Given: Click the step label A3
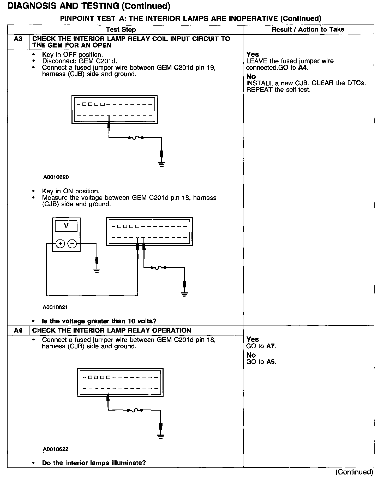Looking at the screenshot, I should point(18,39).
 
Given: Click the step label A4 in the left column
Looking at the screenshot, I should point(18,330).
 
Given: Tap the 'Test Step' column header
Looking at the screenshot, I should point(121,29).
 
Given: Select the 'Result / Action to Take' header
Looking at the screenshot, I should point(308,29).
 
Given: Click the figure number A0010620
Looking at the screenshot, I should point(56,177).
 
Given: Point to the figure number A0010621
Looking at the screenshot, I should point(55,307).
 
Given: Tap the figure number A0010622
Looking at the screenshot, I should point(56,449).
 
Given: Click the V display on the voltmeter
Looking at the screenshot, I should point(66,226).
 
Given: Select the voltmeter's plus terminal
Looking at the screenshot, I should point(60,244).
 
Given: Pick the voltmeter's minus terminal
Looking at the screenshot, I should point(72,244).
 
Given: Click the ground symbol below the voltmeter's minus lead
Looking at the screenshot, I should point(97,270).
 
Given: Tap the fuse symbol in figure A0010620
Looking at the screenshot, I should point(135,138).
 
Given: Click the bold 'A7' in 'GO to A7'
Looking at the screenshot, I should point(271,346).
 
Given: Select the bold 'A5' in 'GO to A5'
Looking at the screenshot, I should point(271,362).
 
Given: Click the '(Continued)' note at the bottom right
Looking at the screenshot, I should point(354,472).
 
